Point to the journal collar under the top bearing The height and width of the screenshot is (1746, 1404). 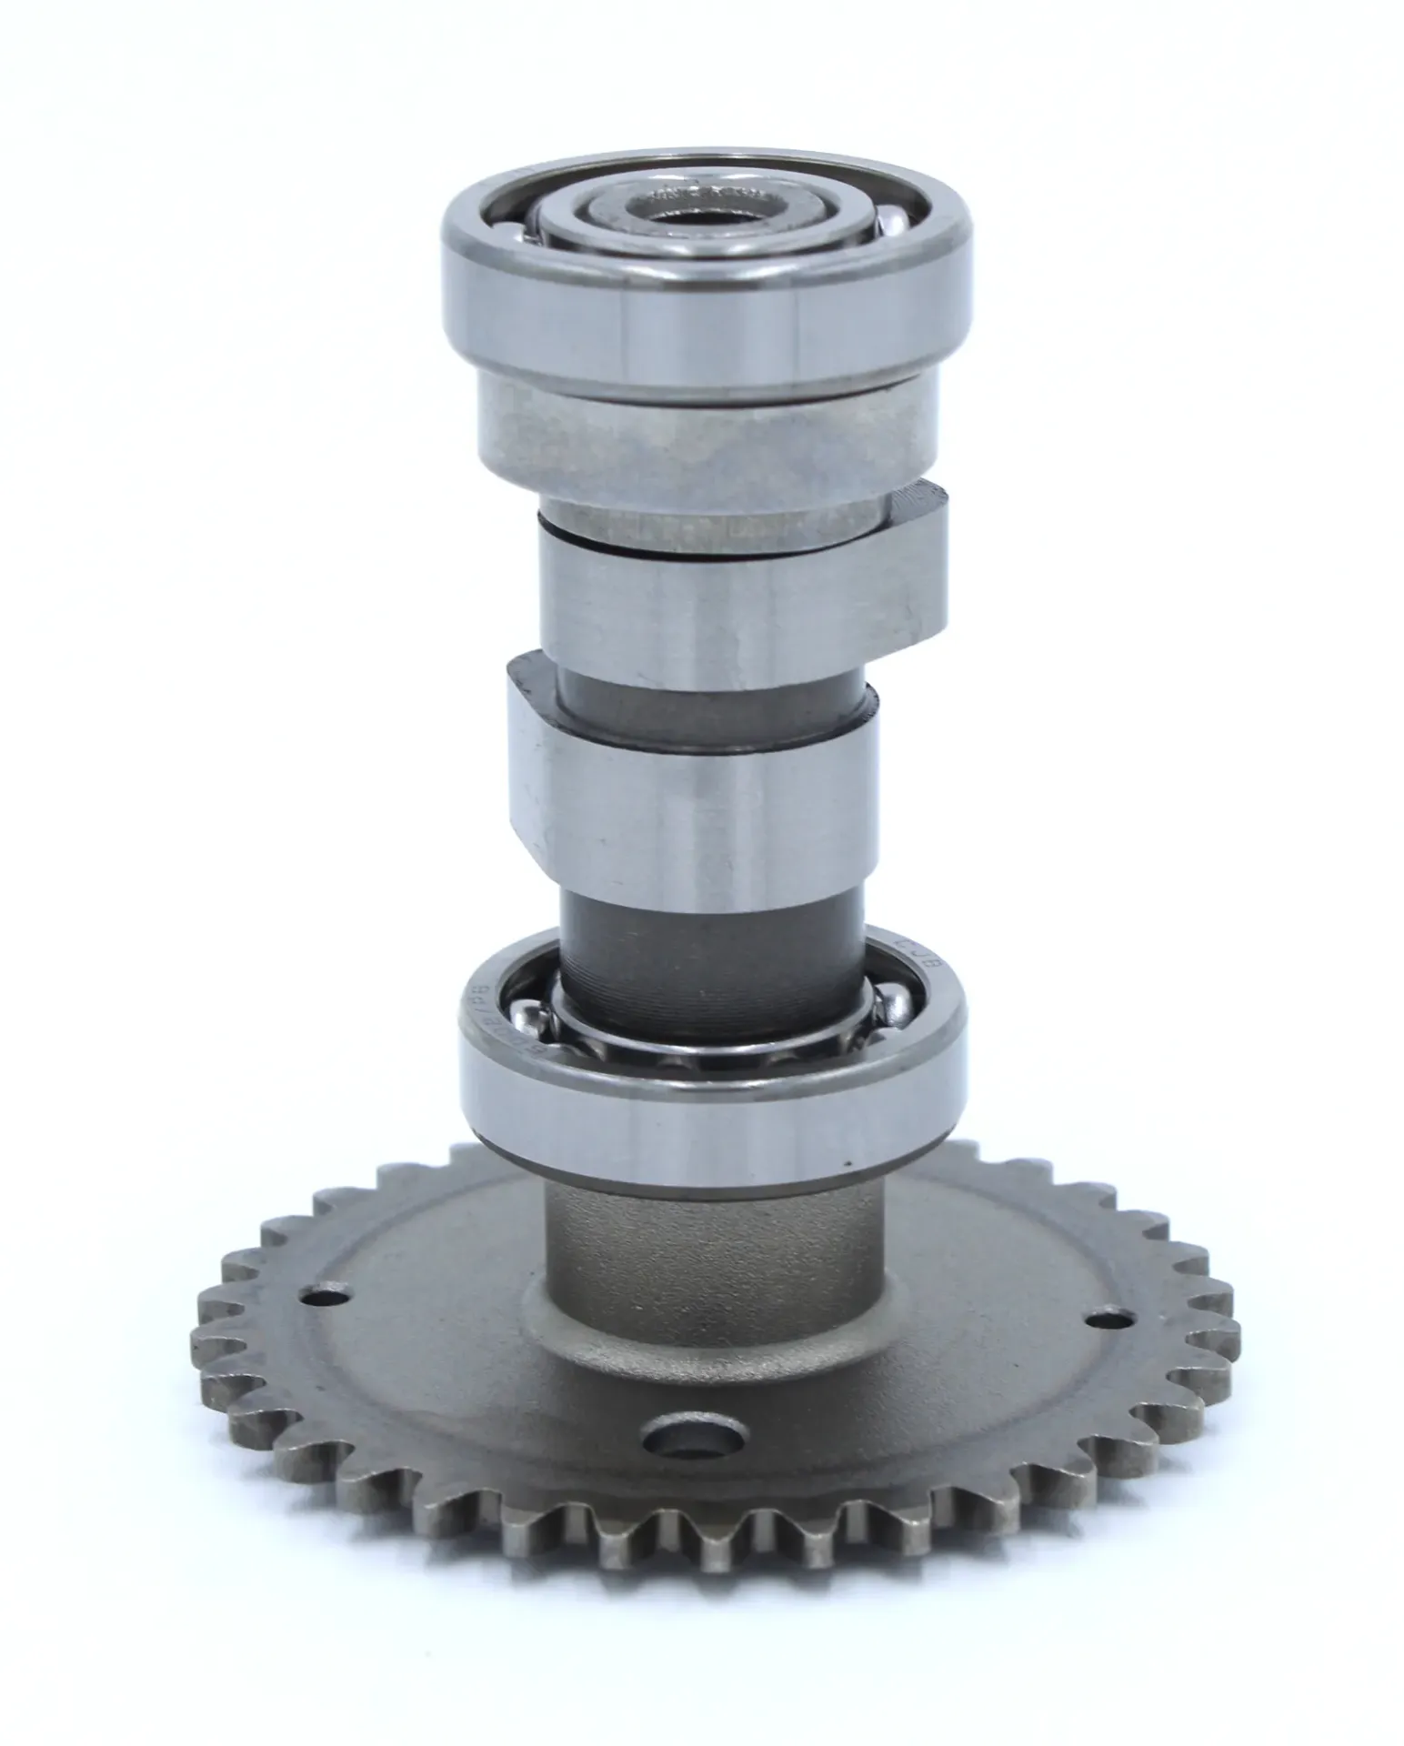(705, 436)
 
